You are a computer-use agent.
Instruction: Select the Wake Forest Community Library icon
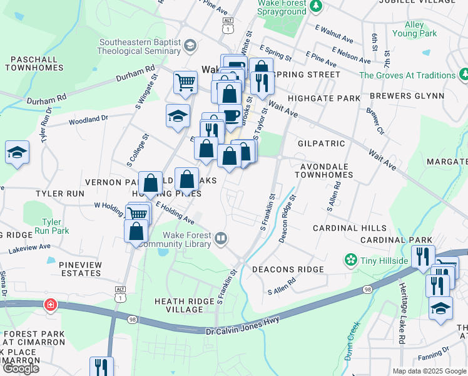(x=220, y=239)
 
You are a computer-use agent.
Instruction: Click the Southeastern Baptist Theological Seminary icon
(x=190, y=46)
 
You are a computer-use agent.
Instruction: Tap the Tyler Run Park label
(x=51, y=227)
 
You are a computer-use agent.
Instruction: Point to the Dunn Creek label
(x=352, y=341)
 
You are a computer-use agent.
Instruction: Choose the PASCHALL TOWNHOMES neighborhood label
(x=36, y=63)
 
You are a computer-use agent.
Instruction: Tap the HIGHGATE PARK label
(x=324, y=98)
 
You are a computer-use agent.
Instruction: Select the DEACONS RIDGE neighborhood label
(x=288, y=269)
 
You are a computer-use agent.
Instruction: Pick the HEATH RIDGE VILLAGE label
(x=185, y=305)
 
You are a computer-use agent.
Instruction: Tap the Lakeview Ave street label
(x=29, y=248)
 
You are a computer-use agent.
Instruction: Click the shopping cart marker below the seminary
(x=185, y=81)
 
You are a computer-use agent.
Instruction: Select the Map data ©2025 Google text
(x=429, y=371)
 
